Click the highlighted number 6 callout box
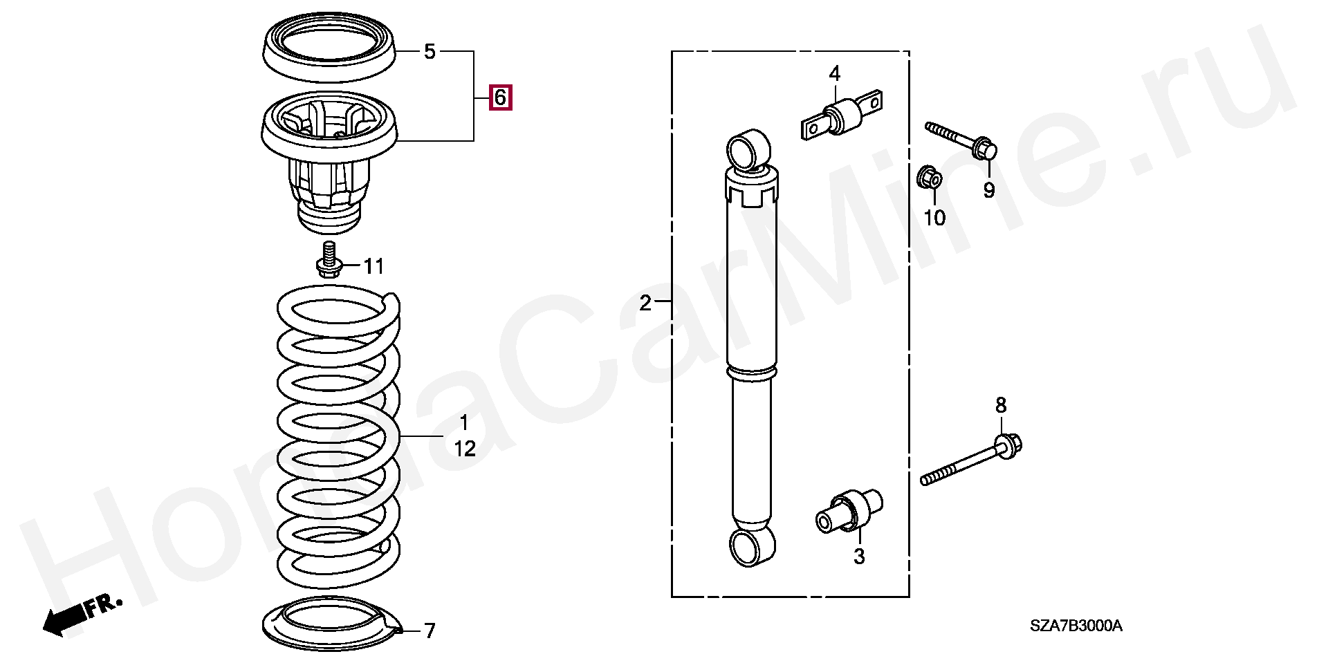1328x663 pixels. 500,97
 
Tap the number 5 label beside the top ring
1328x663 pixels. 430,52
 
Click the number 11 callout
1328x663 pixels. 374,265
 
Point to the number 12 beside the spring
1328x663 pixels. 465,449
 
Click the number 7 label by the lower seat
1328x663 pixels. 430,631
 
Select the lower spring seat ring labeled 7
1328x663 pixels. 333,625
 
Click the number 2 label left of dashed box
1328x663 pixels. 645,303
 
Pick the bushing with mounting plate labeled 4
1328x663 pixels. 842,116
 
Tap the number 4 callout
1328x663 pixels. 835,73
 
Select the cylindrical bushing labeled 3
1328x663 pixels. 849,511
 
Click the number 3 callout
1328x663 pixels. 859,557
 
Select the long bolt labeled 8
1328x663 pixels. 971,460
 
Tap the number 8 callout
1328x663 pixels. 1002,406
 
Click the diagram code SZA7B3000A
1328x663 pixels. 1076,626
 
